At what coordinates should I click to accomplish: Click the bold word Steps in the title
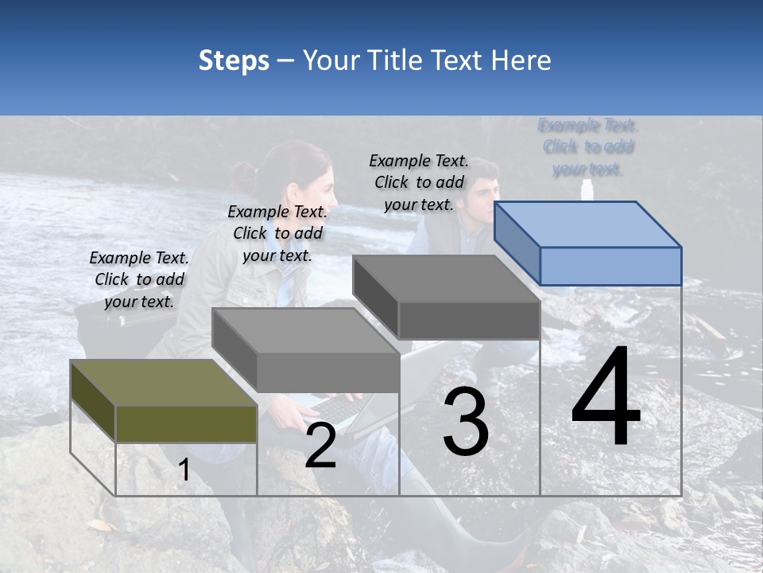[234, 60]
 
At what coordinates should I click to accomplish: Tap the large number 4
[606, 398]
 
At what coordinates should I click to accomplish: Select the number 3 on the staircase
[466, 422]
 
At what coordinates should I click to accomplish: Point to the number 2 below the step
[320, 446]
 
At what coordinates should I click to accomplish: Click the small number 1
[184, 471]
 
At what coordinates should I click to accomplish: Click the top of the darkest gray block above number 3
[446, 279]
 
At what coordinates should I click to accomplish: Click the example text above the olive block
[139, 279]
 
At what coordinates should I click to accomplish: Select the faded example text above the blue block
[588, 147]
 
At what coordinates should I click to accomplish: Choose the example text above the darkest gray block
[419, 182]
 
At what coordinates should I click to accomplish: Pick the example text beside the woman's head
[277, 233]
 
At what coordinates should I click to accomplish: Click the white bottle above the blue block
[587, 190]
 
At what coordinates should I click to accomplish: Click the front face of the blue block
[610, 266]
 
